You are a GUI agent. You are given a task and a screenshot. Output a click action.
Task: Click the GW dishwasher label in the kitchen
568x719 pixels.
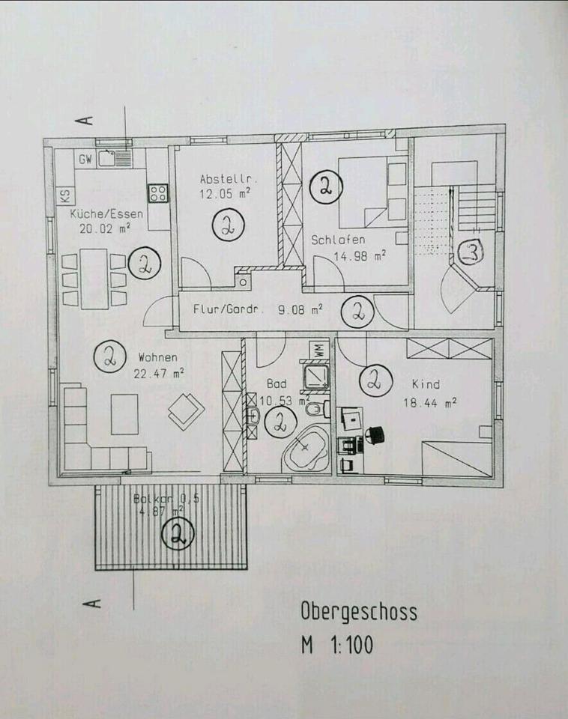pos(85,159)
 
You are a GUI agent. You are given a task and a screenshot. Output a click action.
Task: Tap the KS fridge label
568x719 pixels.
pos(65,196)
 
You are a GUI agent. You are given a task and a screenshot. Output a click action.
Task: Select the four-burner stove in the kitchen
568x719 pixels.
pos(157,193)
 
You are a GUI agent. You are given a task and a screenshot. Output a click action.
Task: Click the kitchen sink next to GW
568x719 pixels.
pos(114,158)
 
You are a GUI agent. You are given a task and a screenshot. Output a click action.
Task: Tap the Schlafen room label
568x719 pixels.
pos(338,240)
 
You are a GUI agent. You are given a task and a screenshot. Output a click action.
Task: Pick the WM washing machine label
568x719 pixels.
pos(318,351)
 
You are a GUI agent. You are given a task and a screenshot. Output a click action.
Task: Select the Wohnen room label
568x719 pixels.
pos(157,357)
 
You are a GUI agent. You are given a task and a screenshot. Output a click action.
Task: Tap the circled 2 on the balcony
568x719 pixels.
pos(178,534)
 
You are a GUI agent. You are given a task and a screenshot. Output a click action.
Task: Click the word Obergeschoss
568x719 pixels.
pos(359,611)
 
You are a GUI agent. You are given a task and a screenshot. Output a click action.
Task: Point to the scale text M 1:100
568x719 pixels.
pos(336,644)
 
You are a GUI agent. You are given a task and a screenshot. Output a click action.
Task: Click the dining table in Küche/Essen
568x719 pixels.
pos(94,279)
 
